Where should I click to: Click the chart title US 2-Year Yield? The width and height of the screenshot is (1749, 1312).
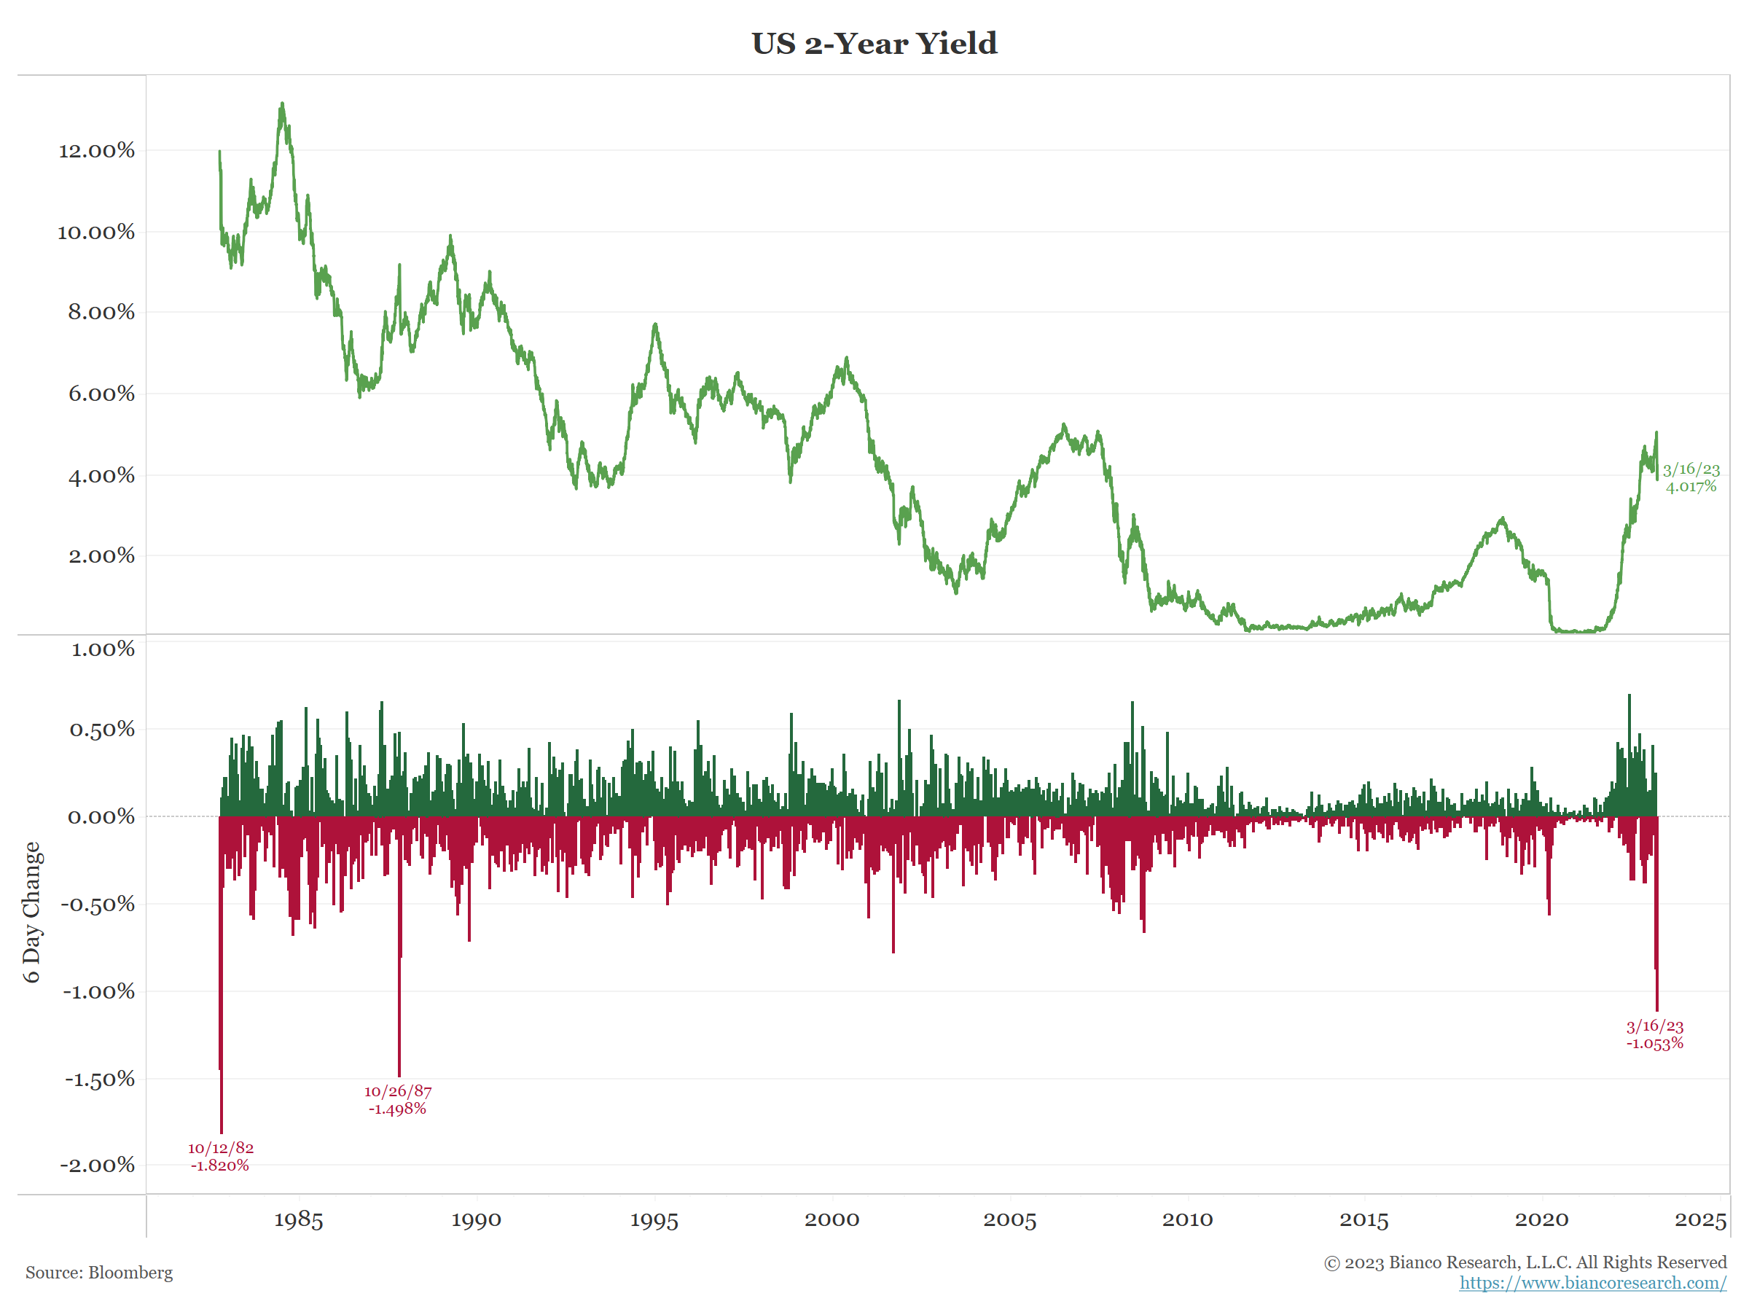click(x=874, y=44)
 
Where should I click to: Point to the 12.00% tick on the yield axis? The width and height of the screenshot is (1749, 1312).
click(x=96, y=150)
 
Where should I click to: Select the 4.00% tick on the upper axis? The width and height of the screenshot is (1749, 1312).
click(x=101, y=475)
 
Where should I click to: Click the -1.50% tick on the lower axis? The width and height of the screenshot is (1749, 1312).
click(x=100, y=1079)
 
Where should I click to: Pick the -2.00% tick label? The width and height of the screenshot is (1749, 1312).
click(x=97, y=1165)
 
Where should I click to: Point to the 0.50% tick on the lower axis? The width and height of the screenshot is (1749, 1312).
click(x=102, y=729)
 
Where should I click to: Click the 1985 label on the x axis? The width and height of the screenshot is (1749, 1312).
click(x=298, y=1220)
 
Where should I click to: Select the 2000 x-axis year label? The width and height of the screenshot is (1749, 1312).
click(x=832, y=1220)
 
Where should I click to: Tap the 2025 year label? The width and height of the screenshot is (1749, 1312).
click(x=1700, y=1220)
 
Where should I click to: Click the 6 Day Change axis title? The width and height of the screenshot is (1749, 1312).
click(x=31, y=912)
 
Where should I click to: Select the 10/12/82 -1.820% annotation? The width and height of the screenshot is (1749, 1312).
click(x=221, y=1156)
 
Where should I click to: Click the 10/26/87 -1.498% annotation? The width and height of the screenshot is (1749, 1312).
click(x=398, y=1099)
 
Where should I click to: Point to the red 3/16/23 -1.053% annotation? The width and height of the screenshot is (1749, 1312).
click(x=1654, y=1034)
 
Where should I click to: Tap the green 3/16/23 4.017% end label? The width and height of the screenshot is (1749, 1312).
click(x=1691, y=477)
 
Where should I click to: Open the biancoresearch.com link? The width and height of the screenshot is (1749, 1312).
click(x=1592, y=1283)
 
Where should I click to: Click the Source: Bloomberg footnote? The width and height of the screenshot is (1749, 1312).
click(x=99, y=1273)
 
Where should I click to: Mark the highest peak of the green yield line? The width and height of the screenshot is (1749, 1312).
click(x=281, y=104)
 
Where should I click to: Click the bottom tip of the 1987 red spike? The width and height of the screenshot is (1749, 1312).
click(x=399, y=1076)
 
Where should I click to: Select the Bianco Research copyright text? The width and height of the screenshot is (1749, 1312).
click(x=1525, y=1262)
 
